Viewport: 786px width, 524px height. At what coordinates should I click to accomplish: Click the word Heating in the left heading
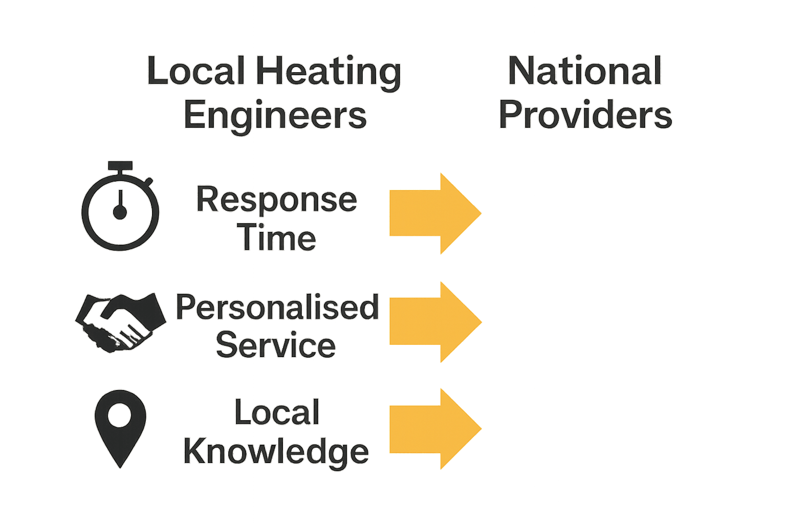click(328, 72)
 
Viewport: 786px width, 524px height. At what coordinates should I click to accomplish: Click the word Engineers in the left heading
click(275, 115)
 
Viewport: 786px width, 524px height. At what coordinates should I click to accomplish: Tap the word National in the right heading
click(585, 71)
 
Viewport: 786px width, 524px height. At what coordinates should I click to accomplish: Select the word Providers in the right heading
click(585, 115)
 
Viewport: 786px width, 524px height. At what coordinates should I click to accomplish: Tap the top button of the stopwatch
click(120, 166)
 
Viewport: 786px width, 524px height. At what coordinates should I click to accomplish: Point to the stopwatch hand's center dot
click(120, 212)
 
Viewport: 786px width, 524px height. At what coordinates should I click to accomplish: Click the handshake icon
click(120, 322)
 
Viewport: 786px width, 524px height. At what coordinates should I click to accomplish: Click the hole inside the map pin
click(120, 415)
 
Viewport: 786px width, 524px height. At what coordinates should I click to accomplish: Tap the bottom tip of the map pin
click(120, 466)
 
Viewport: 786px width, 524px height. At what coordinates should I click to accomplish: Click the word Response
click(276, 200)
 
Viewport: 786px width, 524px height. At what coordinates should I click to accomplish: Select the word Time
click(276, 238)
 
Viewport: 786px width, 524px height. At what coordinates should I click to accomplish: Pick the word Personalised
click(277, 307)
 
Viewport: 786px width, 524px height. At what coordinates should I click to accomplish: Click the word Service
click(276, 345)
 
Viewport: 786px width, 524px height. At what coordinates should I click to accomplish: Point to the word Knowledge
click(276, 451)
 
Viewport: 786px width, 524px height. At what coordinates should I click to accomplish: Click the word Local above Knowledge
click(277, 412)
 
